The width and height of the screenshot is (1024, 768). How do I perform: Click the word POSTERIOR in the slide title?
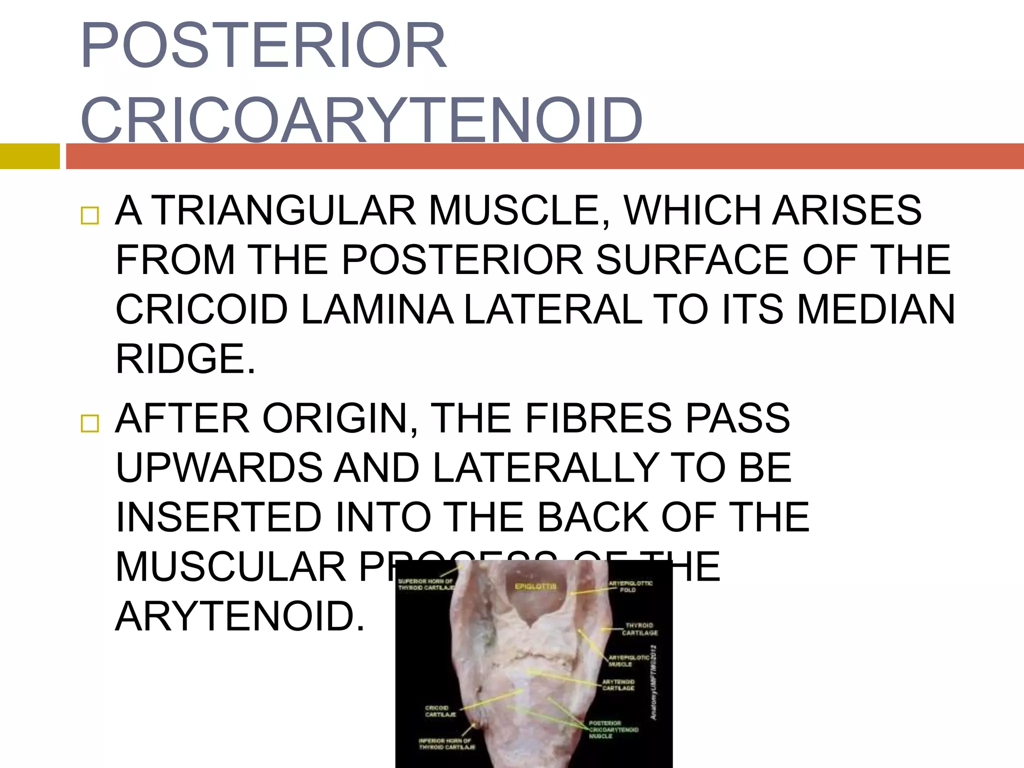(x=263, y=46)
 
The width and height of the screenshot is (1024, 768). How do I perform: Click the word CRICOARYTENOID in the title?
(x=361, y=120)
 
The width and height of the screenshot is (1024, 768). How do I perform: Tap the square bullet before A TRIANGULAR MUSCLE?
(x=90, y=215)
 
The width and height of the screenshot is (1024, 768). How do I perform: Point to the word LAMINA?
(x=377, y=309)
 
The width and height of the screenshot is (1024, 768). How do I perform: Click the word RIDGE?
(x=185, y=359)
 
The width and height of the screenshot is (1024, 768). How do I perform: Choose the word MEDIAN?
(x=875, y=309)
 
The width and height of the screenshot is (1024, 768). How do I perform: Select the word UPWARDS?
(x=219, y=467)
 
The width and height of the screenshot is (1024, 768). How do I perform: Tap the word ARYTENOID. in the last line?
(x=240, y=616)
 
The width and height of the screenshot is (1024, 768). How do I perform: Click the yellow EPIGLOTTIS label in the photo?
(x=535, y=586)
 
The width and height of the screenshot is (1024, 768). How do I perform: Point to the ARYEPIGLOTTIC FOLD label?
(x=630, y=586)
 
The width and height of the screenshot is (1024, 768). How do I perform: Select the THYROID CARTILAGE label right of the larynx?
(x=639, y=629)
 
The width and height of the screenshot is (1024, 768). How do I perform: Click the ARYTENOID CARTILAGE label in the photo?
(x=618, y=685)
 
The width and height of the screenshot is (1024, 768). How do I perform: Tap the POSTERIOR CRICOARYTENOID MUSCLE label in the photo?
(x=613, y=729)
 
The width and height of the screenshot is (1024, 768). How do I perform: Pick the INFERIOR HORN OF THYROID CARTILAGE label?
(x=446, y=744)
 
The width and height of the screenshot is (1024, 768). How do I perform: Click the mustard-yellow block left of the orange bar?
(x=29, y=156)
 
